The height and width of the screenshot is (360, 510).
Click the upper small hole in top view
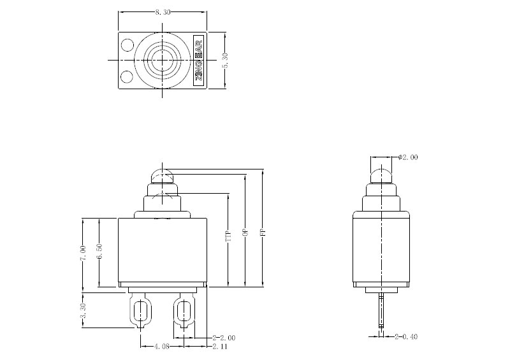point(127,46)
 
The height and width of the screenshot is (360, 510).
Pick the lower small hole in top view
point(127,77)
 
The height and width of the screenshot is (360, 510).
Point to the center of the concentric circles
point(163,61)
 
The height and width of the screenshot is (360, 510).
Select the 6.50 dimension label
point(99,253)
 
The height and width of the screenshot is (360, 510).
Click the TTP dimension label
point(228,238)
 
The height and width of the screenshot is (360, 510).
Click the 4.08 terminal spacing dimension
point(161,347)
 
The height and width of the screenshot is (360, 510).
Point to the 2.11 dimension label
point(220,347)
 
